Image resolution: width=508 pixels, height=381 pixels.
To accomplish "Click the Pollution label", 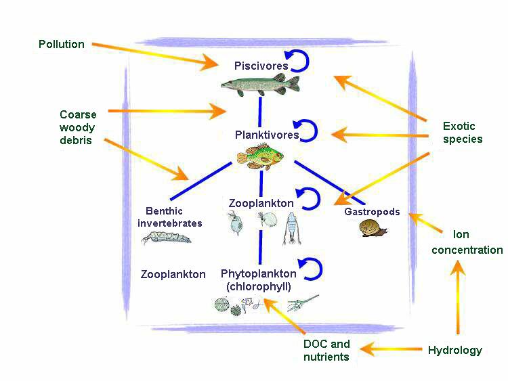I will [62, 45].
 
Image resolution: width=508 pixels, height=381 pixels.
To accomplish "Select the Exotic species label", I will [463, 133].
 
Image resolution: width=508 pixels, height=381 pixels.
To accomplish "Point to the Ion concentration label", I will [467, 242].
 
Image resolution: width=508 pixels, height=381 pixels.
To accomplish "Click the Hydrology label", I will [455, 351].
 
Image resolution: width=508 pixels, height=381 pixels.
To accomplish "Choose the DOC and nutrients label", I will [326, 351].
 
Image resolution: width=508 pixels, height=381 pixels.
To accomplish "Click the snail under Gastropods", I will [373, 229].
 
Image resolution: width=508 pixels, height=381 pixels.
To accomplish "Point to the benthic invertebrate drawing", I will [166, 237].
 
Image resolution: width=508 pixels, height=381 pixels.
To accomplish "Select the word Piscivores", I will [261, 66].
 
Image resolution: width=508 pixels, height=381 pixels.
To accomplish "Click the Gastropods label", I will [372, 212].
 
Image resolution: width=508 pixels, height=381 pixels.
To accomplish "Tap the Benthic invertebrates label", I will [170, 217].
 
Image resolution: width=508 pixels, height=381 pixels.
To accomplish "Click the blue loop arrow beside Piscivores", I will [299, 62].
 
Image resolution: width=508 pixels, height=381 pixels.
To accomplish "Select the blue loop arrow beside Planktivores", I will [307, 130].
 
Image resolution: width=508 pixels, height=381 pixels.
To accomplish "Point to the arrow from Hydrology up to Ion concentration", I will [459, 298].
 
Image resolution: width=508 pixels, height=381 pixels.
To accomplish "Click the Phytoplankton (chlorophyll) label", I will [258, 280].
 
